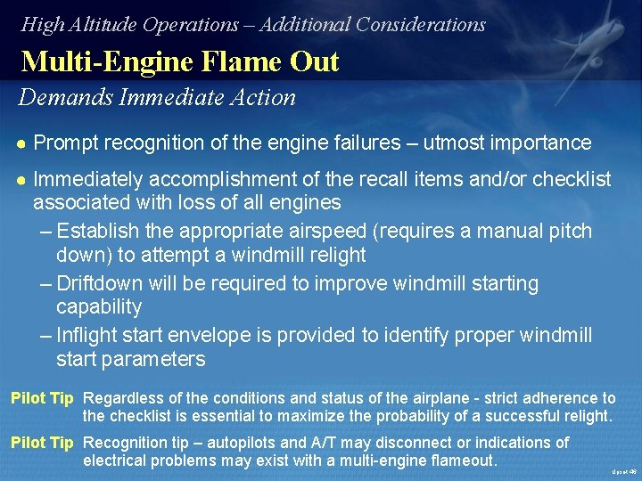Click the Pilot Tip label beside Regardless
(42, 398)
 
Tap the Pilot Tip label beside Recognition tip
(42, 443)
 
